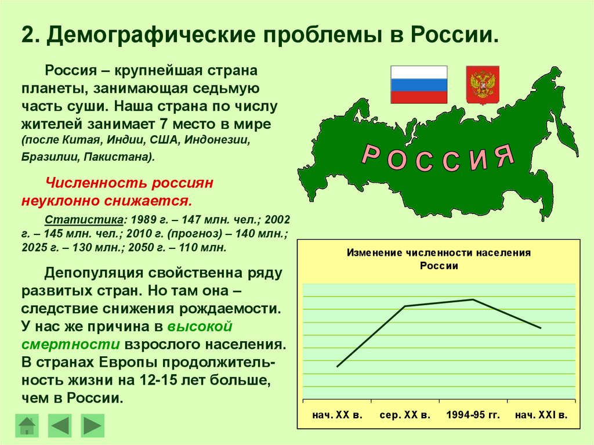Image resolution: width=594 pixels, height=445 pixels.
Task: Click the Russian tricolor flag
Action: [x=419, y=84]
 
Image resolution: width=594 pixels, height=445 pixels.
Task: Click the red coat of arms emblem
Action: [x=483, y=85]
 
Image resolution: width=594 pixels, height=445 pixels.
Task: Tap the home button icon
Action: [x=27, y=425]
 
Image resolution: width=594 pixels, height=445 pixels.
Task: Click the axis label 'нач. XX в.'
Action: [x=337, y=415]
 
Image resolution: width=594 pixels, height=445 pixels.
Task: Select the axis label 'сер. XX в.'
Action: [x=405, y=415]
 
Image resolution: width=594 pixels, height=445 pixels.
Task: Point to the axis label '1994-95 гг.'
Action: [x=473, y=415]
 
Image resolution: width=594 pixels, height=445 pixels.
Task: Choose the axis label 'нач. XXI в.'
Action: [x=541, y=415]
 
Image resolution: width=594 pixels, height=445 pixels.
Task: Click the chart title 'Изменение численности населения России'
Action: [x=439, y=259]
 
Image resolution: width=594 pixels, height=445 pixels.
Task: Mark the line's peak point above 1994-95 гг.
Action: [x=473, y=299]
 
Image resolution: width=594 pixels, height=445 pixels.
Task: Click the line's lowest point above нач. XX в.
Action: [x=337, y=367]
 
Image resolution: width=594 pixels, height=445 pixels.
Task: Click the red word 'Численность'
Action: [x=96, y=183]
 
